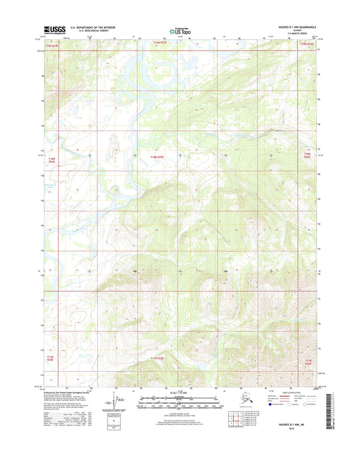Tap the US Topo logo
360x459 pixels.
[178, 30]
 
